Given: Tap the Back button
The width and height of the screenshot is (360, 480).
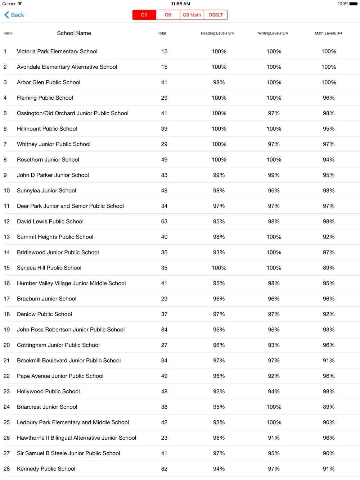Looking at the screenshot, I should coord(14,15).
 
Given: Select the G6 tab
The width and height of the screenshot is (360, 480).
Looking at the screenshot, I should coord(168,15).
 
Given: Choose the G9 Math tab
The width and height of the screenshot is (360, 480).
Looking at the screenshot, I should coord(192,15).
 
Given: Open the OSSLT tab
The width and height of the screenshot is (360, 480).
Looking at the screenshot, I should coord(216,15).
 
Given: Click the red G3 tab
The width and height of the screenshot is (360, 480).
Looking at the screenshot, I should coord(144,15).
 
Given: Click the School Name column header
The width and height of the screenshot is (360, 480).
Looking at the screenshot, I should coord(74,33).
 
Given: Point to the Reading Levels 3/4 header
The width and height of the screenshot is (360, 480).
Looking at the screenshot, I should coord(217,33).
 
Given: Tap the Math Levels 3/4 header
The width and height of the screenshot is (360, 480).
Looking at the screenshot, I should coord(328,33).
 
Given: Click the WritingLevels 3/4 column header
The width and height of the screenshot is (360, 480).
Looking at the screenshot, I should coord(273,33).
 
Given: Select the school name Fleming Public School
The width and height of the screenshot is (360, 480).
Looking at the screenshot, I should coord(45,98).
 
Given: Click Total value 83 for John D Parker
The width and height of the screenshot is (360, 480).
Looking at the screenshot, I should coord(164,175).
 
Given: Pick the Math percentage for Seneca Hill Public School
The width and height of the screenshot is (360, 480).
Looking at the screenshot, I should coord(329,268).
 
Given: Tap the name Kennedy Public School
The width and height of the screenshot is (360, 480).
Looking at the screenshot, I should coord(46,469).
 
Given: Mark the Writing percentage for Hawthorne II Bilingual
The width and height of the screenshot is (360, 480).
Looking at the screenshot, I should coord(274,438).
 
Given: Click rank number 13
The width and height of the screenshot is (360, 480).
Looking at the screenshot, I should coord(7,237).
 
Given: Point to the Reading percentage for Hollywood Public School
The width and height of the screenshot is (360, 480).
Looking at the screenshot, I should coord(219,391).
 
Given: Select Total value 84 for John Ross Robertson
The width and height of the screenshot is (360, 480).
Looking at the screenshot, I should coord(164,330).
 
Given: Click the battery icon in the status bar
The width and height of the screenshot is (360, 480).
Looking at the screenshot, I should coord(353,4).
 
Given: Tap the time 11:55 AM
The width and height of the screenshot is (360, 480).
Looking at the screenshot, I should coord(181,4).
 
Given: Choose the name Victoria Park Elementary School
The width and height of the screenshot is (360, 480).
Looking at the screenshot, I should coord(57,51).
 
